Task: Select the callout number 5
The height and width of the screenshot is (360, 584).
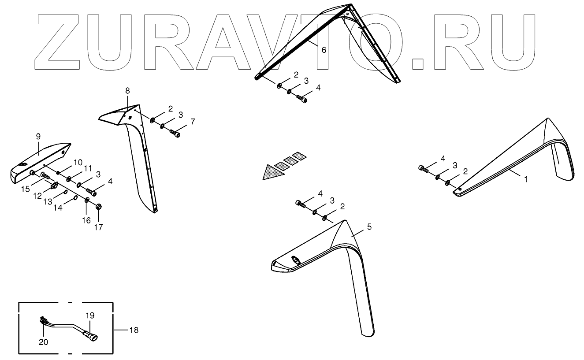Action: click(x=369, y=227)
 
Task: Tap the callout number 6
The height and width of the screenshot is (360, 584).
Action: click(x=324, y=50)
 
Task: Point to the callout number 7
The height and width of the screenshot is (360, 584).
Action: click(x=192, y=121)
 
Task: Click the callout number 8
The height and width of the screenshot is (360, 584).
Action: click(x=127, y=91)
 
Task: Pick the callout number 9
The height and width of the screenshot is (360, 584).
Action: click(x=38, y=137)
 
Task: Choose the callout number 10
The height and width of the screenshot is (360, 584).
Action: click(x=78, y=162)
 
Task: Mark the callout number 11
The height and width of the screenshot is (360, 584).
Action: click(x=88, y=168)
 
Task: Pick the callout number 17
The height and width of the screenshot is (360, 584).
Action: click(x=98, y=227)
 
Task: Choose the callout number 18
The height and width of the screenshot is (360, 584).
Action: click(x=133, y=330)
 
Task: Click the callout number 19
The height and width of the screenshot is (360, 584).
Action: click(x=90, y=315)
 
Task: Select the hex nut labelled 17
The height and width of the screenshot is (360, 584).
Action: click(x=99, y=206)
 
